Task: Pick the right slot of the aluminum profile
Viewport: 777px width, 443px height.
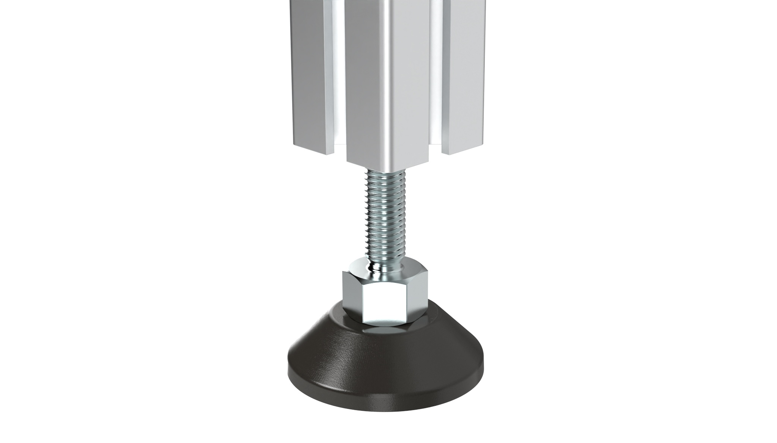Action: (439, 76)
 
